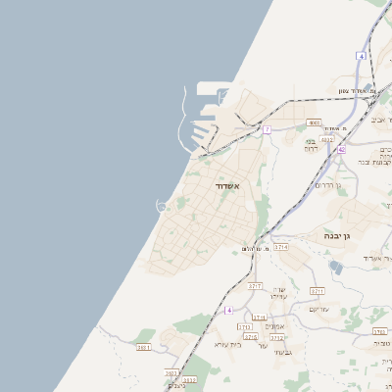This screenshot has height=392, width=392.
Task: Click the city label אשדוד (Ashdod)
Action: click(227, 185)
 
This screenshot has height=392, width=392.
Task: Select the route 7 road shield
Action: click(267, 128)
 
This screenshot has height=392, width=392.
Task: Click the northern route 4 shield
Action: click(361, 57)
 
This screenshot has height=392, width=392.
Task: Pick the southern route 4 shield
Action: click(228, 310)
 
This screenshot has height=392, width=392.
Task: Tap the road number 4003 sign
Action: click(314, 122)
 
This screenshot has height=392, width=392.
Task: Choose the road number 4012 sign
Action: click(327, 140)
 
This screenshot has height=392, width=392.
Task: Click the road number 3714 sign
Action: click(281, 248)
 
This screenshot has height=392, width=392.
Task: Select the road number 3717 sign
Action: click(255, 285)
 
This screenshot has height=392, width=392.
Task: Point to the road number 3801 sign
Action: click(144, 347)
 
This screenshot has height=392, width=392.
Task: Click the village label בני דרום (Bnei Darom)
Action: click(310, 145)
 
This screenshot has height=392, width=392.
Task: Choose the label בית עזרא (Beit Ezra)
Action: click(227, 344)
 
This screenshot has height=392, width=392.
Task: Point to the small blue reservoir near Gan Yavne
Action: click(336, 267)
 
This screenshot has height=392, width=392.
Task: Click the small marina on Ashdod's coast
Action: click(161, 205)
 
